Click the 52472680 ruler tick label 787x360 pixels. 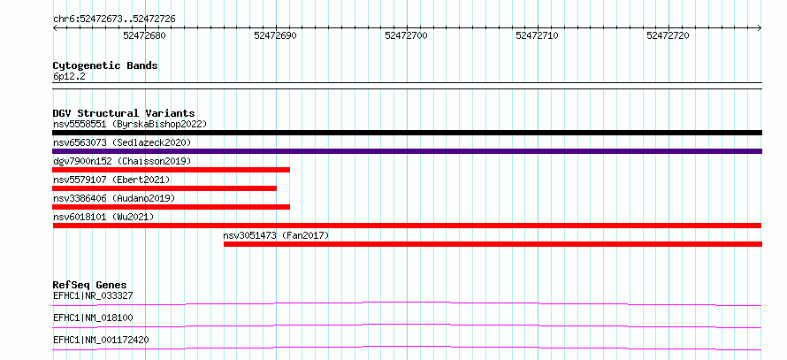144,35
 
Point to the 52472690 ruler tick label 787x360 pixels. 276,35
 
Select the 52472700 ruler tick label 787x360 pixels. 407,35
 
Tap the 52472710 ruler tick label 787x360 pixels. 537,35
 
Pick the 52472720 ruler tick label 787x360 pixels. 668,35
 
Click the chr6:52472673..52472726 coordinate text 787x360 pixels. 114,19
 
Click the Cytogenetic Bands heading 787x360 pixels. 105,65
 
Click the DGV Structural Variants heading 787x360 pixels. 124,113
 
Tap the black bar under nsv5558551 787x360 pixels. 407,133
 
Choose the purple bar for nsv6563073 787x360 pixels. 407,151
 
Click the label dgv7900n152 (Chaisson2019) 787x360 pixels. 122,161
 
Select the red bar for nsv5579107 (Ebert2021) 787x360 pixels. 164,188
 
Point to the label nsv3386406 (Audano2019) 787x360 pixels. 114,198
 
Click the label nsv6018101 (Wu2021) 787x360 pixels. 103,217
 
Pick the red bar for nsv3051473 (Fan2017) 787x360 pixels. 493,244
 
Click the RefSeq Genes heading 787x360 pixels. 90,285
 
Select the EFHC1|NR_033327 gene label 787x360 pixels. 93,295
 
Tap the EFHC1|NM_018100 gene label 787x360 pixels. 93,318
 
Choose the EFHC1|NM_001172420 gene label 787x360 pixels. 101,340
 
